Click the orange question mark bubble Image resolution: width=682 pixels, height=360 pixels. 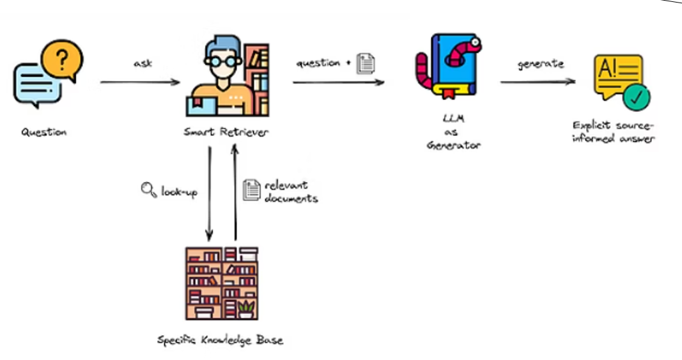click(x=62, y=61)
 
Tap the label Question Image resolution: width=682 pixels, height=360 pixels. click(x=44, y=132)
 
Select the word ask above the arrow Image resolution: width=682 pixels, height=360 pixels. click(x=143, y=63)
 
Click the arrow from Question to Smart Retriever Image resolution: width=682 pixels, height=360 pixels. click(x=140, y=82)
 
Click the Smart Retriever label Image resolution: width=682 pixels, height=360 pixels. click(x=226, y=132)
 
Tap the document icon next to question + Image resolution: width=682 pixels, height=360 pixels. click(x=366, y=63)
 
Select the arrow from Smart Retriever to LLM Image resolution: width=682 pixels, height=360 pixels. click(x=339, y=82)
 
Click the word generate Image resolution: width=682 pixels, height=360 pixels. click(x=540, y=63)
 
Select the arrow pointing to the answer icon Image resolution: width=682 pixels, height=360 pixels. click(x=537, y=82)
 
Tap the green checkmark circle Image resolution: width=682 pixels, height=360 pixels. click(x=637, y=97)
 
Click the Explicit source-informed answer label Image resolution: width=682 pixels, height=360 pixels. click(x=614, y=132)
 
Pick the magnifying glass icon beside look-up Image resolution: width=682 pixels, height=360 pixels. click(x=148, y=189)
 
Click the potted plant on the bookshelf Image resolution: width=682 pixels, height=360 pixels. click(x=245, y=308)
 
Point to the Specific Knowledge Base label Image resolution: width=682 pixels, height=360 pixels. click(x=220, y=340)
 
